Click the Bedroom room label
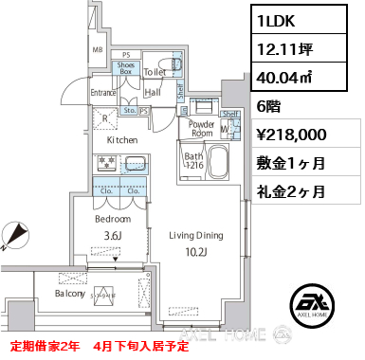click(x=112, y=218)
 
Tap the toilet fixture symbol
click(x=165, y=66)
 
